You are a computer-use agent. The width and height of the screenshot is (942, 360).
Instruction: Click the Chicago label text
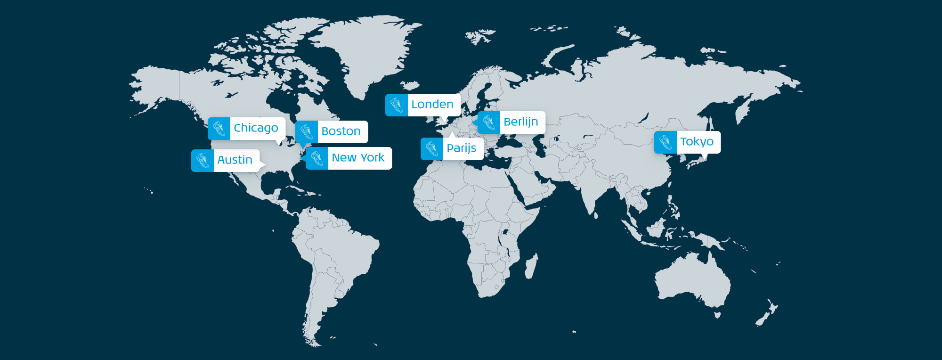tap(256, 128)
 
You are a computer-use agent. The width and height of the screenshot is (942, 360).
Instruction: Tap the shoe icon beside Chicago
tap(219, 128)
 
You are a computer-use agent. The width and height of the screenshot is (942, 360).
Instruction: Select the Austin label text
tap(235, 160)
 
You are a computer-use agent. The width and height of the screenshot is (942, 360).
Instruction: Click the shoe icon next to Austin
tap(203, 161)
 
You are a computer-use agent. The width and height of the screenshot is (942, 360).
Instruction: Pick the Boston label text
tap(341, 131)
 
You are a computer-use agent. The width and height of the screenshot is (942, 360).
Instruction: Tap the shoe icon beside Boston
tap(307, 131)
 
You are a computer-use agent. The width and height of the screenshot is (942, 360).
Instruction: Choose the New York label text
tap(358, 158)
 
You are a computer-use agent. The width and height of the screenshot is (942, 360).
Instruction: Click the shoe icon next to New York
tap(317, 158)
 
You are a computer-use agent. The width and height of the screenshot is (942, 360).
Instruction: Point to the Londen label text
tap(432, 105)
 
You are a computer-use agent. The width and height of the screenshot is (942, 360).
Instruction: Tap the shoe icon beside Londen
tap(397, 105)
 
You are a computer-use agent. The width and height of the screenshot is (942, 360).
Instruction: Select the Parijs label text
tap(462, 148)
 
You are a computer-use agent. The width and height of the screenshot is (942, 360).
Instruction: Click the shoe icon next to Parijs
tap(432, 149)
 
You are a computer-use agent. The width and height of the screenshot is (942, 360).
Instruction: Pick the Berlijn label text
tap(520, 122)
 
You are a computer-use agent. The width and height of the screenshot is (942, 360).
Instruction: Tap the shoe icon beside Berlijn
tap(489, 123)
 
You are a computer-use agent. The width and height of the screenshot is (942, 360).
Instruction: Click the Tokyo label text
tap(697, 142)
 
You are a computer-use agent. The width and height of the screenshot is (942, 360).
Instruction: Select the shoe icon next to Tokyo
tap(666, 142)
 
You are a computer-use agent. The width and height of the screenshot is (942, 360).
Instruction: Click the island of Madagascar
tap(530, 267)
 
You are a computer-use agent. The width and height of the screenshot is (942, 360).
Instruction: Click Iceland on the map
tap(410, 85)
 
